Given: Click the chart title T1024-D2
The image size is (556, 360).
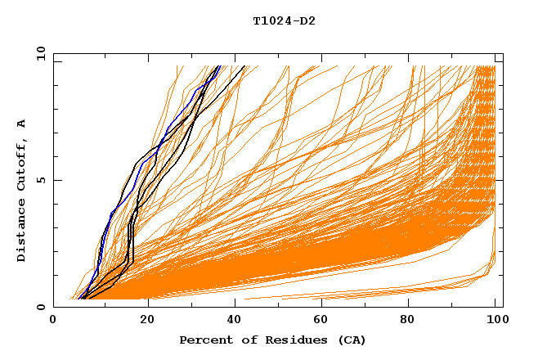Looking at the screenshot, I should click(x=284, y=21).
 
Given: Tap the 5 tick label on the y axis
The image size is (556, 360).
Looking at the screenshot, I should click(x=41, y=180).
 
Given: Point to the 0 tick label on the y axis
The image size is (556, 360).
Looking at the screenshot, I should click(x=41, y=307).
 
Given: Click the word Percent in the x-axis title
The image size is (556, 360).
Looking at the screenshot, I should click(x=204, y=340).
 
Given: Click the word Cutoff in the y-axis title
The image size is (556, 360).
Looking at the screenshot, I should click(x=22, y=164).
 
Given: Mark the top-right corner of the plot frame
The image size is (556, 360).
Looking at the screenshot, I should click(x=503, y=53).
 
